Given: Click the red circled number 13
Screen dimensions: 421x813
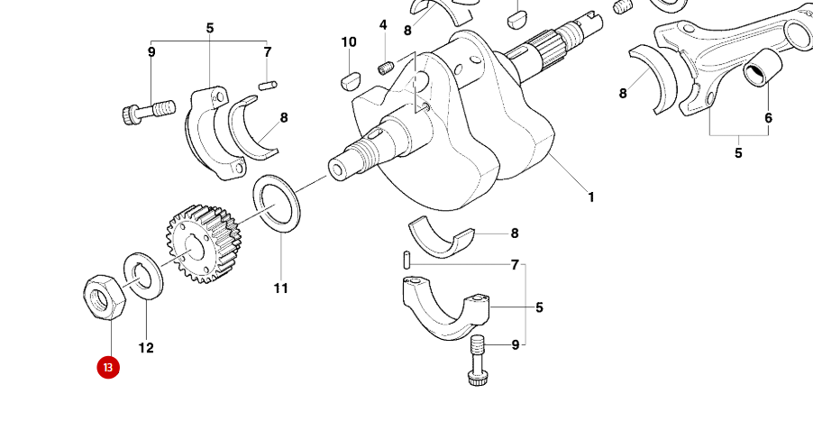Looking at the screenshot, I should tap(108, 368).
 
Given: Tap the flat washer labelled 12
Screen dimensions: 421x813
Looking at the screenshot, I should tap(142, 276).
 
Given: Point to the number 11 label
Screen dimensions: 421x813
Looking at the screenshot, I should tap(280, 288).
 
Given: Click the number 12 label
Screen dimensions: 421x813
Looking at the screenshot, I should tap(146, 348).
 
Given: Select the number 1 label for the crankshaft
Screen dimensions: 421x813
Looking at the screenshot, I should tap(591, 197).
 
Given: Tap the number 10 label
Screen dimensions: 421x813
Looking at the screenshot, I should tap(349, 42).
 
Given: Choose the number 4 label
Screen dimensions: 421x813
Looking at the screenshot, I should tap(383, 25).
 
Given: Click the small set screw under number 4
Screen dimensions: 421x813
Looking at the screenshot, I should tap(386, 68).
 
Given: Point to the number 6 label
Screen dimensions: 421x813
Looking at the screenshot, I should tap(768, 118).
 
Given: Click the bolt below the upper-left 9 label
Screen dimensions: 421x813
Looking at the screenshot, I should tap(146, 112).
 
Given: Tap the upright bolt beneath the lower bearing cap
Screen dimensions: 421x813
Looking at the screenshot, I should tap(478, 358).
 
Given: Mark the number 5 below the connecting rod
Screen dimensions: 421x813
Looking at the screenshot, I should tap(738, 153).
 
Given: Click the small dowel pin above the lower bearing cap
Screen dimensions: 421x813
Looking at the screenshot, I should tap(408, 259).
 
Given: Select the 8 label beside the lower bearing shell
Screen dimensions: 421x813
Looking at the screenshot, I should tap(515, 233).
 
